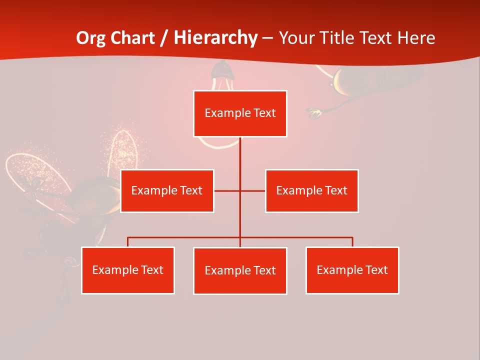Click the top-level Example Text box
tap(240, 113)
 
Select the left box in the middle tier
tap(167, 191)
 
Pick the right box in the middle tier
tap(311, 191)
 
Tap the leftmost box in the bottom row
tap(128, 270)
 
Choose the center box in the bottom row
tap(240, 271)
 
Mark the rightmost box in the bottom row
tap(352, 270)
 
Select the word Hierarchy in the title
tap(215, 38)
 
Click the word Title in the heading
tap(339, 38)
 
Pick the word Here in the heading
tap(416, 38)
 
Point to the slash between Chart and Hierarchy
tap(164, 38)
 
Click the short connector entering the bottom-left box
tap(128, 242)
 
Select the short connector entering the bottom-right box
tap(352, 242)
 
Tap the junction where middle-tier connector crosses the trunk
tap(240, 191)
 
